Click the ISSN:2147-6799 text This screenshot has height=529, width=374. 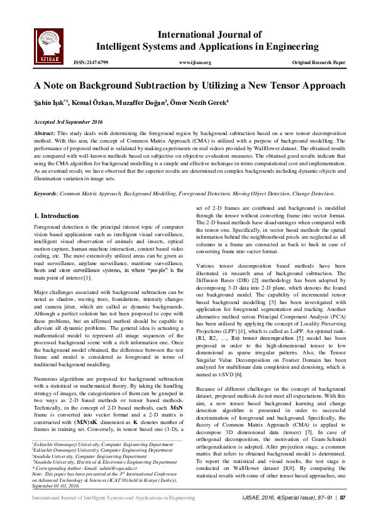91,63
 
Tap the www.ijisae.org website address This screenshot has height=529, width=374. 195,63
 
